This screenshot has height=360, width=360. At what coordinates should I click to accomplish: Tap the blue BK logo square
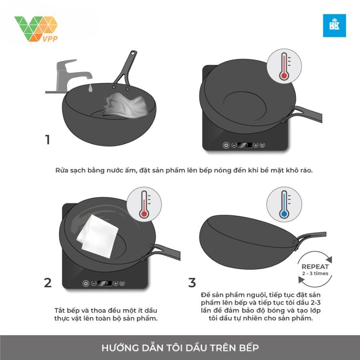coord(334,26)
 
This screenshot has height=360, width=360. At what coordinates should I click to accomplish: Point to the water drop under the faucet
coord(90,87)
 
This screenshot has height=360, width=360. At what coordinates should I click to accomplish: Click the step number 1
coord(48,140)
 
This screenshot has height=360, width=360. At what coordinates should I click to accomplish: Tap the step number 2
coord(48,283)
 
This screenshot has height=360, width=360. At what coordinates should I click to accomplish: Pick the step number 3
coord(192,283)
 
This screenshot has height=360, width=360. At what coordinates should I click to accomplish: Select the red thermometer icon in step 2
coord(144,204)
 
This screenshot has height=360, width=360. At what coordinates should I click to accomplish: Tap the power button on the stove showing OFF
coord(85,283)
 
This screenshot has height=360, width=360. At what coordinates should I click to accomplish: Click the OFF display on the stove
coord(105,283)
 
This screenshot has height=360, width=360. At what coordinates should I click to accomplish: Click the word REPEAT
coord(315,266)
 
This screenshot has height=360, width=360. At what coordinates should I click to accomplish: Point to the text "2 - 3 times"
coord(315,274)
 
